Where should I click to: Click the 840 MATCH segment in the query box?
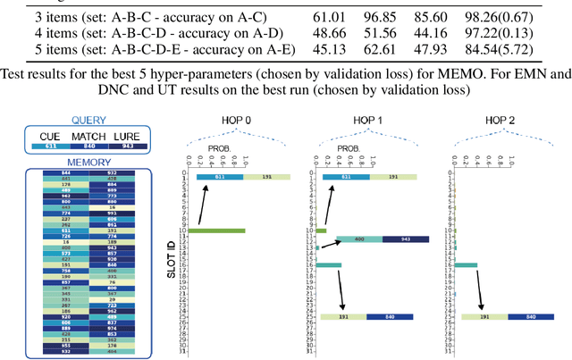[88, 146]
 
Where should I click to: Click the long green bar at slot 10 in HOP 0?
[215, 230]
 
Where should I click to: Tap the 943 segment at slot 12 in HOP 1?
[405, 240]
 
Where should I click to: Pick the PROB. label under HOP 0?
[222, 148]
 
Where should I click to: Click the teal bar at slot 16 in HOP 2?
[466, 264]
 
